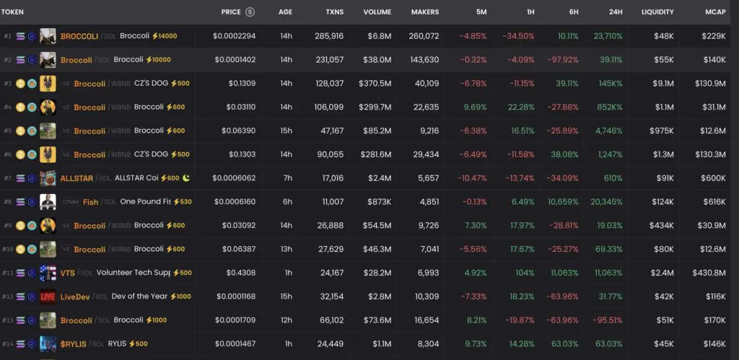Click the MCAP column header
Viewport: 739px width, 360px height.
click(715, 12)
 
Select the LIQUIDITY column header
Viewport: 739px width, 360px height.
click(657, 12)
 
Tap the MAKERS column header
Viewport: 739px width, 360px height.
click(424, 12)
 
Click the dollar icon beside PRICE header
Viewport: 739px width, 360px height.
click(250, 12)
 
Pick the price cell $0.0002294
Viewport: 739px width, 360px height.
click(234, 36)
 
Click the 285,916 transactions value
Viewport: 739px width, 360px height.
click(328, 36)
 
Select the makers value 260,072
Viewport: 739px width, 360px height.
click(424, 36)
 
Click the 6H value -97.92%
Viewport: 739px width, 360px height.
click(564, 60)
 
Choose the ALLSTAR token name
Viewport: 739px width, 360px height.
click(77, 178)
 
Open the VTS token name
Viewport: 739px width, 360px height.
click(67, 273)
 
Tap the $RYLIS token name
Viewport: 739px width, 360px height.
click(73, 344)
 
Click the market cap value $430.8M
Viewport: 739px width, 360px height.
click(709, 273)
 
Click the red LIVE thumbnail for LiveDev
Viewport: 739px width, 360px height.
click(48, 297)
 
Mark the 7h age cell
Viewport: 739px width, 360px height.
click(286, 178)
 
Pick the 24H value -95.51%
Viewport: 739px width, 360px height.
click(608, 320)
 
